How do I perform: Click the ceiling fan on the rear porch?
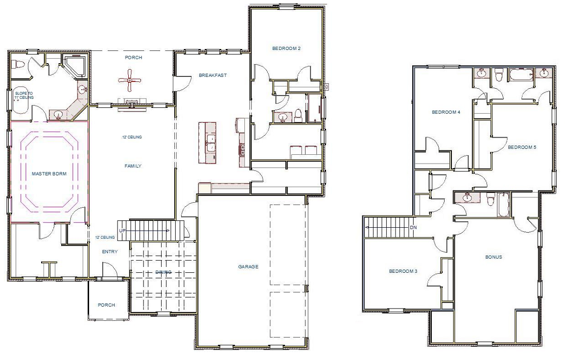130,80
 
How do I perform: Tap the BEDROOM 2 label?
286,48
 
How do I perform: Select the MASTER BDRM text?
49,173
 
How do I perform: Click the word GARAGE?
248,267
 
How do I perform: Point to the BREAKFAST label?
212,75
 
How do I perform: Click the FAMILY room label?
133,166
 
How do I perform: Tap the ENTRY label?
110,252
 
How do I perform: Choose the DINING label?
164,272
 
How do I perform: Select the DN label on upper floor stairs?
413,227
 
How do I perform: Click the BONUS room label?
494,257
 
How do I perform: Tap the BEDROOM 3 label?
403,271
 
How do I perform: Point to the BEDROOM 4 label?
446,112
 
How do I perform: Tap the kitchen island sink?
212,146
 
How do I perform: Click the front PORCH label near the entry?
106,305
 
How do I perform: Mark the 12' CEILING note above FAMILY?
132,137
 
